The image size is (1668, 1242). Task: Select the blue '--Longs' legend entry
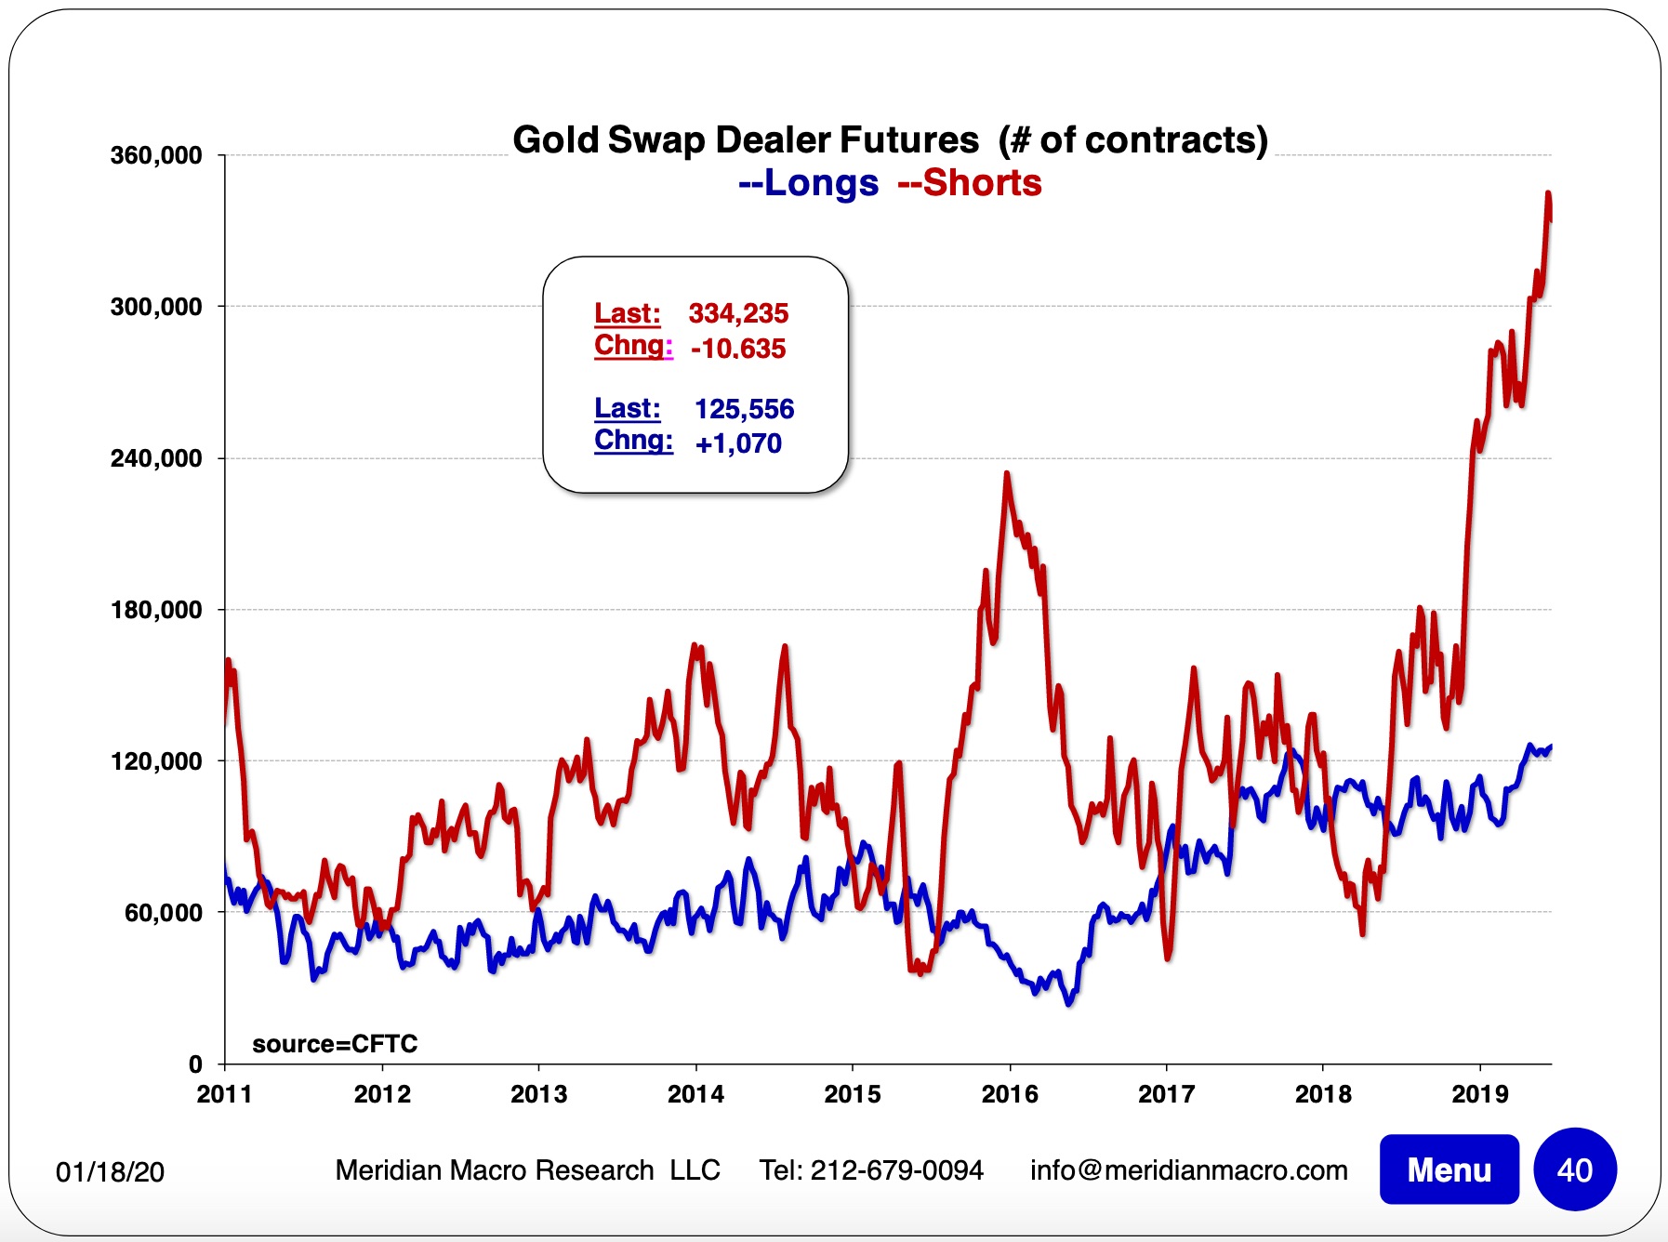808,183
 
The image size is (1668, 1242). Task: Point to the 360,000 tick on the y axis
156,155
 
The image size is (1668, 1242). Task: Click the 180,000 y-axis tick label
156,610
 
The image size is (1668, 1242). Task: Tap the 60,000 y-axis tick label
163,913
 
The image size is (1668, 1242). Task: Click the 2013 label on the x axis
538,1094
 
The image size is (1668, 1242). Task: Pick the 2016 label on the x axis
1010,1094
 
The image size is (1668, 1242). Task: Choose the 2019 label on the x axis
1480,1094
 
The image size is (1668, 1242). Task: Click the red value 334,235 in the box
738,313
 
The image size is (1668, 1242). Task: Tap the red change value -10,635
738,349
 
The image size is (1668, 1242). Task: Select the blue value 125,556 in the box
744,409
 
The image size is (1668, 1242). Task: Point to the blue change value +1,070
738,443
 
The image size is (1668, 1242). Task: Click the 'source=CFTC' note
335,1044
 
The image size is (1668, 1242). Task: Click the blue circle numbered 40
1575,1169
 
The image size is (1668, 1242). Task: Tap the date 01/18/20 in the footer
110,1171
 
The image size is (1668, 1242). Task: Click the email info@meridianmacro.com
1188,1169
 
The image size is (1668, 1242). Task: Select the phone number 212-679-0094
896,1169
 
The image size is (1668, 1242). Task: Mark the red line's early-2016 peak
1007,474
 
